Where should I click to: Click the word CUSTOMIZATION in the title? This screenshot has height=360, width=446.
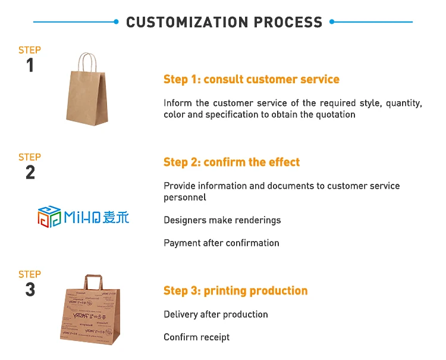coord(187,22)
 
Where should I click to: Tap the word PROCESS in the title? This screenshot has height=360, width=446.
coord(288,22)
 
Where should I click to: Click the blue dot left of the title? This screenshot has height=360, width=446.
coord(116,21)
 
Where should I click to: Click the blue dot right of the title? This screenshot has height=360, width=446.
coord(332,21)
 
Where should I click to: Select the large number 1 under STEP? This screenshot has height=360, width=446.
coord(30,65)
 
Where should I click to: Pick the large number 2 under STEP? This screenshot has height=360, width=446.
coord(30,172)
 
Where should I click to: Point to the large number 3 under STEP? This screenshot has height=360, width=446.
coord(30,289)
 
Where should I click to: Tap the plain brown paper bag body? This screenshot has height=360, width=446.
coord(87,98)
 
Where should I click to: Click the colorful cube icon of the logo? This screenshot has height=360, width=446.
coord(49,217)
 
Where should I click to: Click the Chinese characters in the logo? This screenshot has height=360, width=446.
coord(116,217)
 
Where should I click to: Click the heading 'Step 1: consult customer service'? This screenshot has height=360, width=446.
coord(252,79)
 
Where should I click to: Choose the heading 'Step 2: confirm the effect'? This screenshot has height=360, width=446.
coord(231,162)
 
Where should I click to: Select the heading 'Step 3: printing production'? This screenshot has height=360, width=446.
coord(235,290)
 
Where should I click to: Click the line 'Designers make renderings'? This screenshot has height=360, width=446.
coord(222,220)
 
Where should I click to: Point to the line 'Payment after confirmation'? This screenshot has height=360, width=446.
coord(221,243)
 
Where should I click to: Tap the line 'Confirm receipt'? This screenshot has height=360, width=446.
coord(197,337)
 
